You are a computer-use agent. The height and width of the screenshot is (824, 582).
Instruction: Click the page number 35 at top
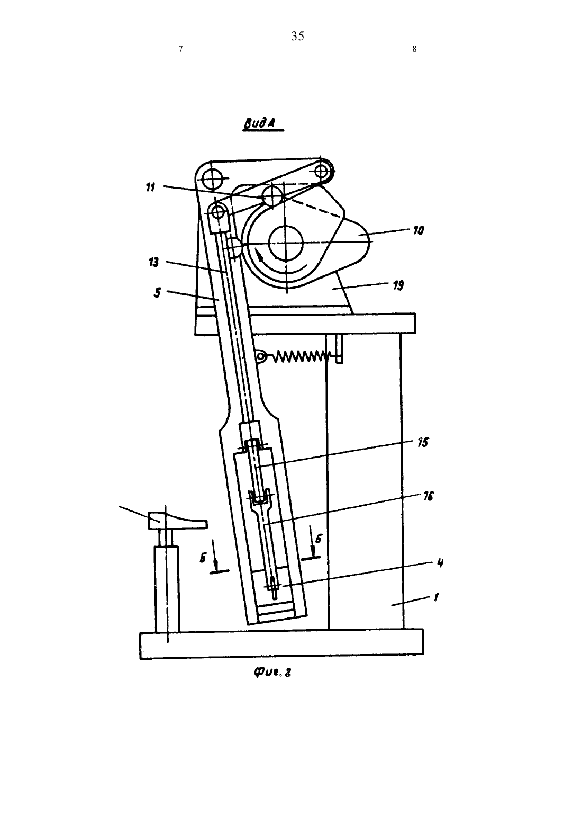(297, 36)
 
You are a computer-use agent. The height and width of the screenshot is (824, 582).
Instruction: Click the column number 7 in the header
(180, 49)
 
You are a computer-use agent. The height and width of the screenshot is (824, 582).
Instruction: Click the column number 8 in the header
(414, 49)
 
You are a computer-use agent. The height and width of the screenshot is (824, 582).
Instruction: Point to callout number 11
(151, 187)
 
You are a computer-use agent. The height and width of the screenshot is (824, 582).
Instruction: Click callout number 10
(418, 231)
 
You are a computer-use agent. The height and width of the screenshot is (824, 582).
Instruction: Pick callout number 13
(153, 263)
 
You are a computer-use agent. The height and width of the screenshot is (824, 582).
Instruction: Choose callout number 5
(157, 293)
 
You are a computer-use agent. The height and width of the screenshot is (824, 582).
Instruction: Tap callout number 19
(398, 285)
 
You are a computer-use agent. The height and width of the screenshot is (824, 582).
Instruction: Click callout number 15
(423, 442)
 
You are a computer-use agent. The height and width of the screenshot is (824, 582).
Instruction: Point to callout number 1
(436, 597)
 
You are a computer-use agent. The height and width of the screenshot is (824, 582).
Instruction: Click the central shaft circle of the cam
(286, 243)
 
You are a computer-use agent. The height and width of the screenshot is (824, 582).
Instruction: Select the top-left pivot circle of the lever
(213, 178)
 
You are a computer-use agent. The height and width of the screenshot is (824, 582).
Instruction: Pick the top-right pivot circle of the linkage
(322, 171)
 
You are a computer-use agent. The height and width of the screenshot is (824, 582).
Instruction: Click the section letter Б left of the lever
(203, 558)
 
